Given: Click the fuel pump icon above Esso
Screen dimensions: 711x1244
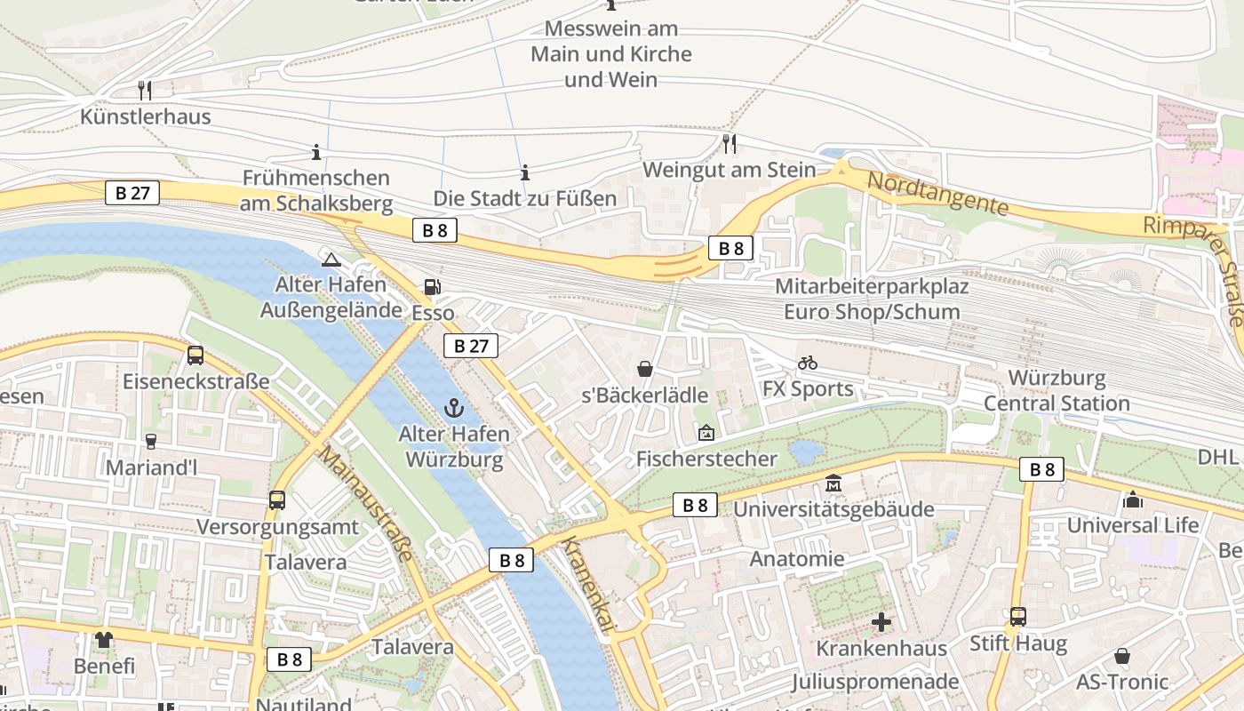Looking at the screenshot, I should tap(432, 286).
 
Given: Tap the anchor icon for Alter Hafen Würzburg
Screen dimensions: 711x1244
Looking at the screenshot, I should tap(454, 408).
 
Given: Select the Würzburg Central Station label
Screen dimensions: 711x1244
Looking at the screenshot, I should tap(1057, 391).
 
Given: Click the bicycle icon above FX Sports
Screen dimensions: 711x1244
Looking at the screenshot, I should tap(807, 363).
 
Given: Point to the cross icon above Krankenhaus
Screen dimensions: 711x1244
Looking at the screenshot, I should tap(881, 622).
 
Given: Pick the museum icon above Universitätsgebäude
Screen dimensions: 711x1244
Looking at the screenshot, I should tap(833, 483).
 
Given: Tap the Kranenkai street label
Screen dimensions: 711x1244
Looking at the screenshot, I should tap(587, 587).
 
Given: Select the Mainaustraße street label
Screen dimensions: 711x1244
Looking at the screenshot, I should tap(366, 503).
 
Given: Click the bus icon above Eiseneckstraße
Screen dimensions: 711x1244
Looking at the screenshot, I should tap(195, 355).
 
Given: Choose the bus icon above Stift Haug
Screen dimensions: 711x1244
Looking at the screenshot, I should tap(1017, 616).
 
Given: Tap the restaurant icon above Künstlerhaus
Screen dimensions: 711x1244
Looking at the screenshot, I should tap(145, 90).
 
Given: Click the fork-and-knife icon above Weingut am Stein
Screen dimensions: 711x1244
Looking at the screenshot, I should tap(729, 143).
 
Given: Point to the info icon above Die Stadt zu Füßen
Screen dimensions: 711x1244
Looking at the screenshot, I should tap(524, 172).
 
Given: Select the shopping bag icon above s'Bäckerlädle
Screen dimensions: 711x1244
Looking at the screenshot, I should tap(644, 368).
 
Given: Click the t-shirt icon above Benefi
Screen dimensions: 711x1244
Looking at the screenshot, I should tap(104, 639).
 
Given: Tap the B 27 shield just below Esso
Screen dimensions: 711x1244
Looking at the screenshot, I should tap(471, 346).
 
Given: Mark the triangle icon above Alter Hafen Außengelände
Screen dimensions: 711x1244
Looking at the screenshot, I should tap(331, 260).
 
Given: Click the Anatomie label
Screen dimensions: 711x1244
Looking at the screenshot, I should tap(797, 559).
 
